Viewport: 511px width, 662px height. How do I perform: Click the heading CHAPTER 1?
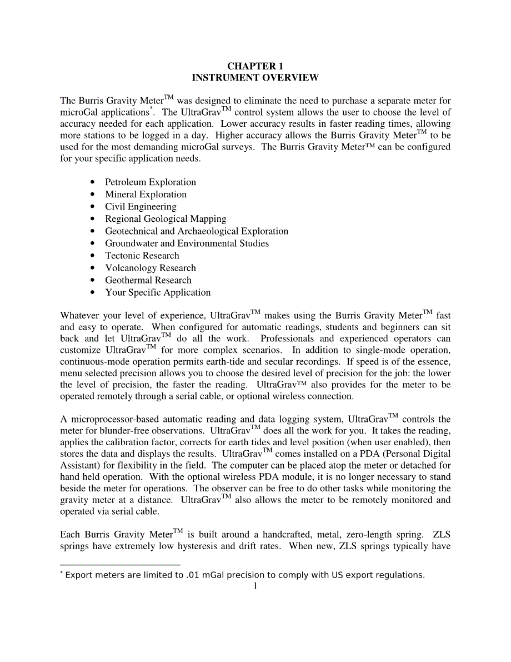(255, 66)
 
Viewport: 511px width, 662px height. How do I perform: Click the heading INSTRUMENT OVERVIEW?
(255, 78)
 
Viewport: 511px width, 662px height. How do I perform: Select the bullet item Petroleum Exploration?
(151, 182)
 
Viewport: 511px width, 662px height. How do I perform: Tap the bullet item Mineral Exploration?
(146, 195)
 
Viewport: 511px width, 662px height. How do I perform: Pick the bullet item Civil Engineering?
(141, 207)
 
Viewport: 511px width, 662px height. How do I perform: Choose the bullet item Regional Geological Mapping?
(166, 219)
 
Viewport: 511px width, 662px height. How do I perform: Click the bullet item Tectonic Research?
(142, 256)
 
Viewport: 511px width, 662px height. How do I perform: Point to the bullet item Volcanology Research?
(151, 268)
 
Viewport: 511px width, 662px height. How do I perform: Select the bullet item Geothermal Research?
(148, 280)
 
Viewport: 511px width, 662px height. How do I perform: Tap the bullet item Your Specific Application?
(158, 292)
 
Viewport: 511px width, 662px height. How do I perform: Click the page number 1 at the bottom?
(255, 586)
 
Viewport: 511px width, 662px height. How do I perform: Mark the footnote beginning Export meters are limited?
(244, 575)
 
